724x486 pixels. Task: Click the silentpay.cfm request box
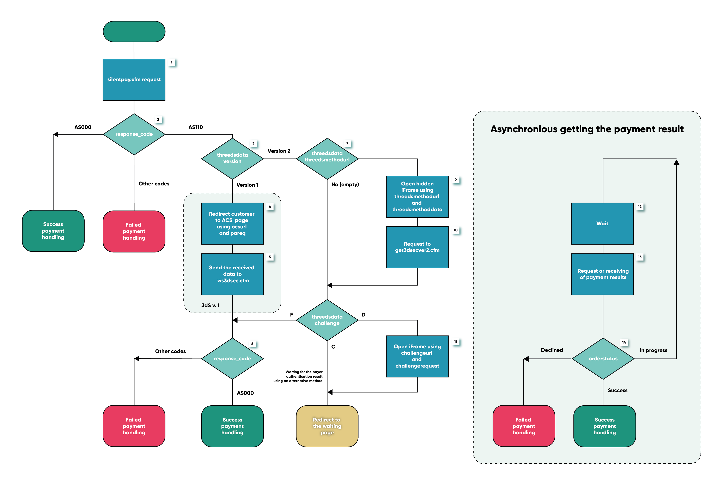[134, 80]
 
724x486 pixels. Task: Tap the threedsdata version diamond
[232, 158]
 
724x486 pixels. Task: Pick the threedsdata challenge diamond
[327, 320]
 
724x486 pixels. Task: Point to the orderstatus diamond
[603, 359]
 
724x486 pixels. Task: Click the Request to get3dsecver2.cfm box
[417, 247]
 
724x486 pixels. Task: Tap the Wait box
[602, 223]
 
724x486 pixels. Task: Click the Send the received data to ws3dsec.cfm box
[232, 274]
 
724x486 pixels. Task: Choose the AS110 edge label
[196, 127]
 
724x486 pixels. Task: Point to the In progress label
[653, 350]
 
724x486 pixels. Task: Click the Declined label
[552, 350]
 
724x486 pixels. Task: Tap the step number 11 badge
[456, 342]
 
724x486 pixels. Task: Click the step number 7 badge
[347, 143]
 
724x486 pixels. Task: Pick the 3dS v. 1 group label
[211, 305]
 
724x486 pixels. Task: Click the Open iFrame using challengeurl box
[417, 356]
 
